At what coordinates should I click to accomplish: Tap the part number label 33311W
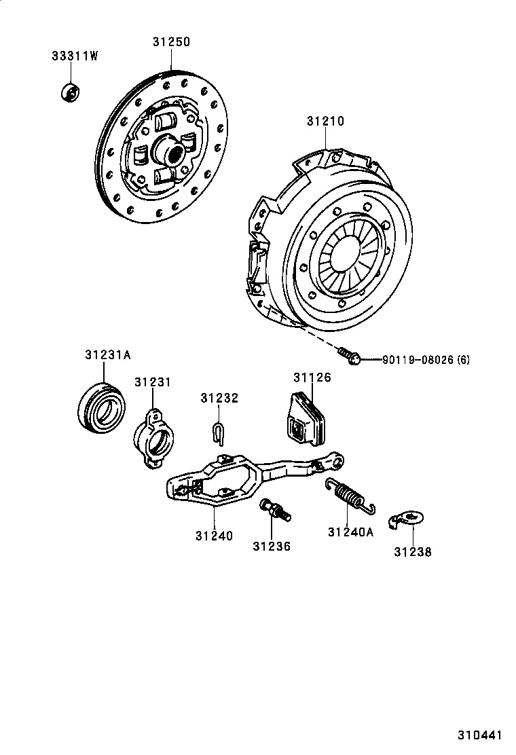coord(75,56)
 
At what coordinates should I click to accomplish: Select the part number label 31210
coord(325,122)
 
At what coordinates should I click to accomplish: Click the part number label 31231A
coord(107,354)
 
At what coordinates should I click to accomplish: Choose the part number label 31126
coord(312,377)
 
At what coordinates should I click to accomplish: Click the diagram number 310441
coord(479,735)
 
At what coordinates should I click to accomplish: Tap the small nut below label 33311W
coord(69,92)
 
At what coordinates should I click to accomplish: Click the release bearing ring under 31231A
coord(102,408)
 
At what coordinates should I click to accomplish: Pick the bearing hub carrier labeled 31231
coord(155,437)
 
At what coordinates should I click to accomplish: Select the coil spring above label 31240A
coord(349,495)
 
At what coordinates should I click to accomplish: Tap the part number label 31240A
coord(350,532)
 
